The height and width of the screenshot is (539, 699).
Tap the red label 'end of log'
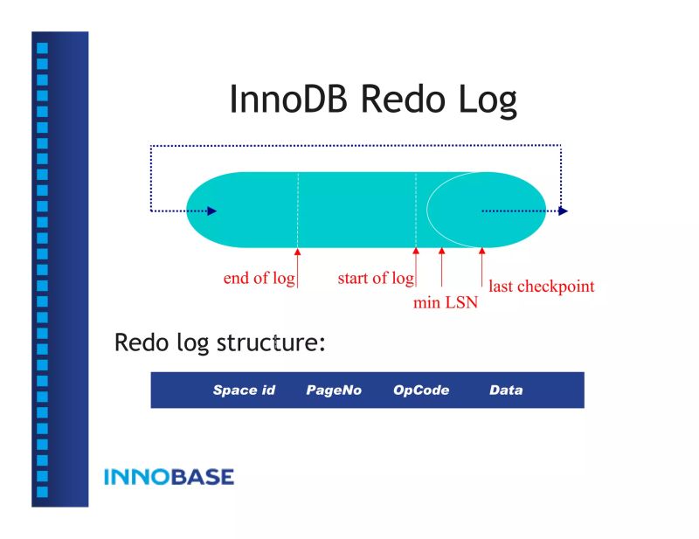click(259, 279)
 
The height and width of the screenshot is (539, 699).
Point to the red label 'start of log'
click(375, 279)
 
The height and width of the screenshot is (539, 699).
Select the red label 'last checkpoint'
click(541, 286)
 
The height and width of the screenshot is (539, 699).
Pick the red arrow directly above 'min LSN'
click(442, 266)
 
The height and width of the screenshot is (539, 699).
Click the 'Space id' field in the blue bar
click(244, 390)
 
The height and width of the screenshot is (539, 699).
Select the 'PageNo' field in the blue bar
click(334, 390)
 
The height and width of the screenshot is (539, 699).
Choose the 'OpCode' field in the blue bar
click(421, 390)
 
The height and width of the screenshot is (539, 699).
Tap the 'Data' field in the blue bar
click(506, 390)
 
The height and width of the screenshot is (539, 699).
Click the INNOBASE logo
click(169, 477)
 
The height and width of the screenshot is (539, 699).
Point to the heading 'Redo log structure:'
click(219, 342)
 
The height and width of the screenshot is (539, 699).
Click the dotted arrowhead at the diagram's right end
click(563, 211)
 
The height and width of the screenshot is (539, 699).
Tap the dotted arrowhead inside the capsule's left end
click(211, 211)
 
